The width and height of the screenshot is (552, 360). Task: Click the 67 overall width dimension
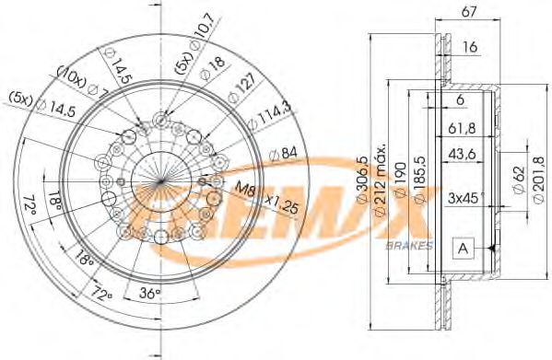468,12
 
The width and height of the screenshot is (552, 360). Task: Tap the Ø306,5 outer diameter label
364,180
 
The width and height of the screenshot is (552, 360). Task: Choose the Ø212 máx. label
382,180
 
